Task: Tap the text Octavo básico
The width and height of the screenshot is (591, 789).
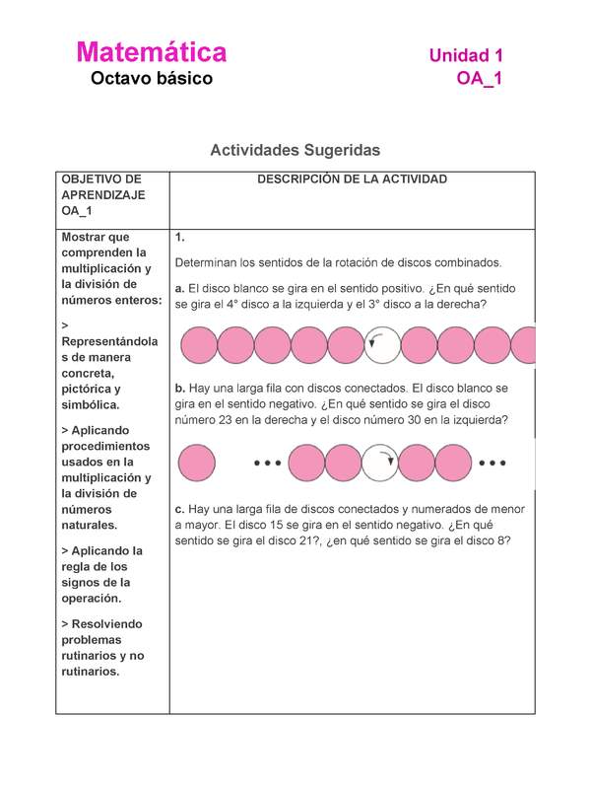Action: pyautogui.click(x=152, y=78)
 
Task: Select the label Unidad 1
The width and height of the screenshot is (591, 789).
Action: pyautogui.click(x=466, y=56)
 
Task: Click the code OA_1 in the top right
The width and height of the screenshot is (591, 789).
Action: pyautogui.click(x=480, y=79)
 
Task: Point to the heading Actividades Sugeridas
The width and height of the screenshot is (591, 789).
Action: pyautogui.click(x=295, y=150)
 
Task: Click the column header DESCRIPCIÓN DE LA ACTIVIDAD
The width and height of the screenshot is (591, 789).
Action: pyautogui.click(x=352, y=179)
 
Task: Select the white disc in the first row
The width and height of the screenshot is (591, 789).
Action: pyautogui.click(x=381, y=345)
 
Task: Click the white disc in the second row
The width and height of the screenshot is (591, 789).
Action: pyautogui.click(x=379, y=462)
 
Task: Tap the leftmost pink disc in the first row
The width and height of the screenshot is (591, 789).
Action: pyautogui.click(x=198, y=345)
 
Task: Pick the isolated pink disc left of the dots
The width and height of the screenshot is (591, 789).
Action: pyautogui.click(x=198, y=462)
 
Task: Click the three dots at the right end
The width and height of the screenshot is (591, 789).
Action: pyautogui.click(x=492, y=462)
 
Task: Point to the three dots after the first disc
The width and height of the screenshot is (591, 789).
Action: pyautogui.click(x=268, y=462)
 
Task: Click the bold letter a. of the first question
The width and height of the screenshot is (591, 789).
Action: pyautogui.click(x=179, y=288)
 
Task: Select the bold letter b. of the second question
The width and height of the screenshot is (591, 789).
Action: pyautogui.click(x=179, y=388)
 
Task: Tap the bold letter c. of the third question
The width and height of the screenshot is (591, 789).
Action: pyautogui.click(x=179, y=509)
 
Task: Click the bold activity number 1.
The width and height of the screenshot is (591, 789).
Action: pyautogui.click(x=179, y=238)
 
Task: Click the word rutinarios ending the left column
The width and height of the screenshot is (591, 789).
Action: pyautogui.click(x=90, y=672)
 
